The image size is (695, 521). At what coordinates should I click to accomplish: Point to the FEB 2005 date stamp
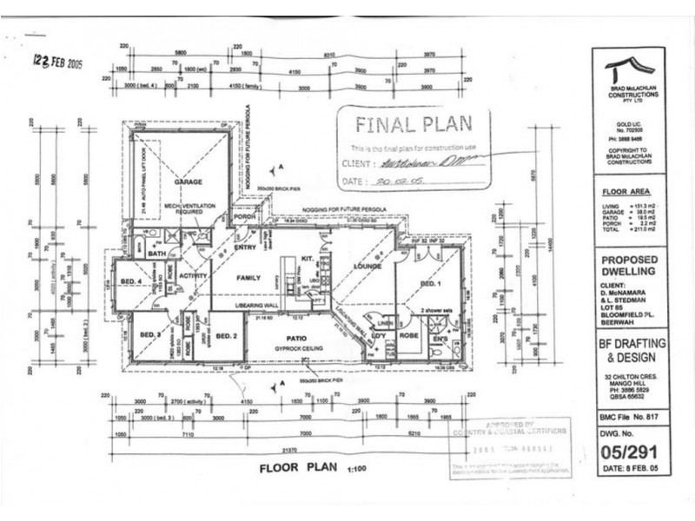[57, 62]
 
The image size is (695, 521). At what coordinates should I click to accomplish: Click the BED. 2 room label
[227, 337]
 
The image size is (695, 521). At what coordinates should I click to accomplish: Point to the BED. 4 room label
[130, 281]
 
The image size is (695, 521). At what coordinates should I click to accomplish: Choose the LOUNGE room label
[368, 266]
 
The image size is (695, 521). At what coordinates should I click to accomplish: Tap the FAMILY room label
[249, 278]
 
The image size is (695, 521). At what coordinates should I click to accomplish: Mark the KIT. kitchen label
[307, 259]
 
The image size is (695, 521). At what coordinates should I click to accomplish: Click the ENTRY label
[245, 247]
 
